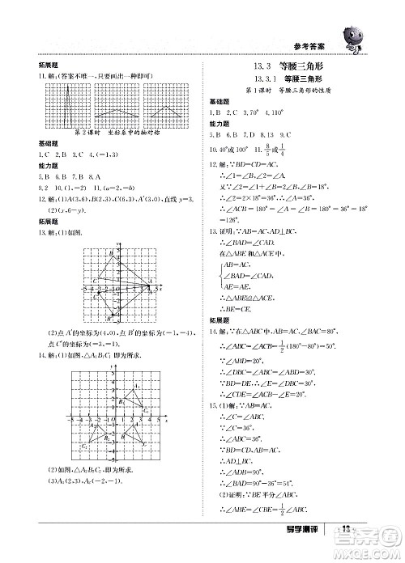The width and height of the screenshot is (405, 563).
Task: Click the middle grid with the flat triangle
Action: (x=119, y=105)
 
